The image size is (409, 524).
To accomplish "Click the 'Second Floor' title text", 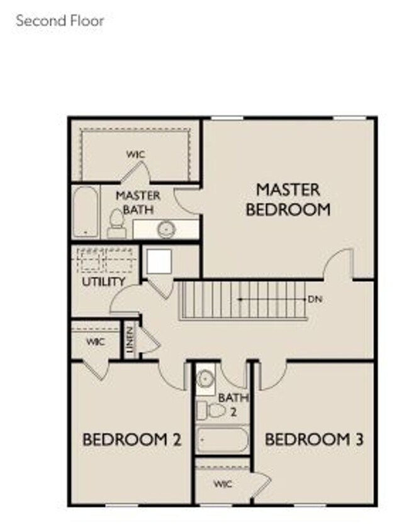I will [x=60, y=20].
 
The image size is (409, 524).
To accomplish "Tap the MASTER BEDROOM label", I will [x=288, y=199].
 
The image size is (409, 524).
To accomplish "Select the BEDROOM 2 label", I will [x=132, y=439].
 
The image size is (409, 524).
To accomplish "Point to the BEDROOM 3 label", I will [x=314, y=439].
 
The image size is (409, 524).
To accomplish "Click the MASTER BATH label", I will [x=138, y=203].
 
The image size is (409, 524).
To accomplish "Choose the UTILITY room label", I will [x=104, y=282].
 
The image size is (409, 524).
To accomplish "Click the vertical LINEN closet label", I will [x=130, y=340].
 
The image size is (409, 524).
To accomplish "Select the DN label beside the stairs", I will [x=315, y=299].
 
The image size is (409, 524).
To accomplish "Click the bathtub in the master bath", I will [x=85, y=212].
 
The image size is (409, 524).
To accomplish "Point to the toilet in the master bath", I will [x=116, y=223].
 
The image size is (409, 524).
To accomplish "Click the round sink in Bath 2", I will [x=205, y=379].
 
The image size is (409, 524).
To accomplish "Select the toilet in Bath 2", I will [x=212, y=411].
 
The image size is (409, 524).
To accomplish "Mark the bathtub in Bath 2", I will [x=222, y=439].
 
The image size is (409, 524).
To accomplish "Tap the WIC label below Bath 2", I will [x=223, y=484].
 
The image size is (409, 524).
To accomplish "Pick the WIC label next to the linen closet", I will [x=96, y=342].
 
